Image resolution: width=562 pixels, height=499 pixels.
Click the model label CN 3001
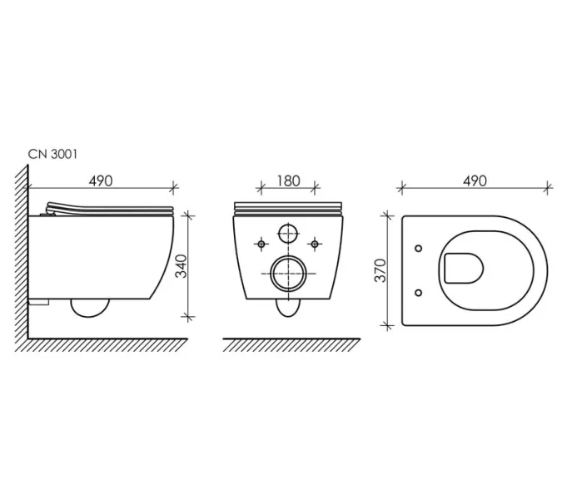52,155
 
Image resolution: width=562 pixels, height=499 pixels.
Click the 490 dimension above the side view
101,181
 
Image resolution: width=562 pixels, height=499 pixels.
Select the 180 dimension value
288,181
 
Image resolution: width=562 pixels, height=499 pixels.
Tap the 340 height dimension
182,266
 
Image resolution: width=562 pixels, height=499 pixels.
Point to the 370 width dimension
380,270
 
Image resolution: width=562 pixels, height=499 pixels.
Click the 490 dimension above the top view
475,181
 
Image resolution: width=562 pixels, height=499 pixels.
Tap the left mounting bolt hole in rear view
261,245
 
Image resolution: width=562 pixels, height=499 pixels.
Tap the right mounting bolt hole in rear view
315,245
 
